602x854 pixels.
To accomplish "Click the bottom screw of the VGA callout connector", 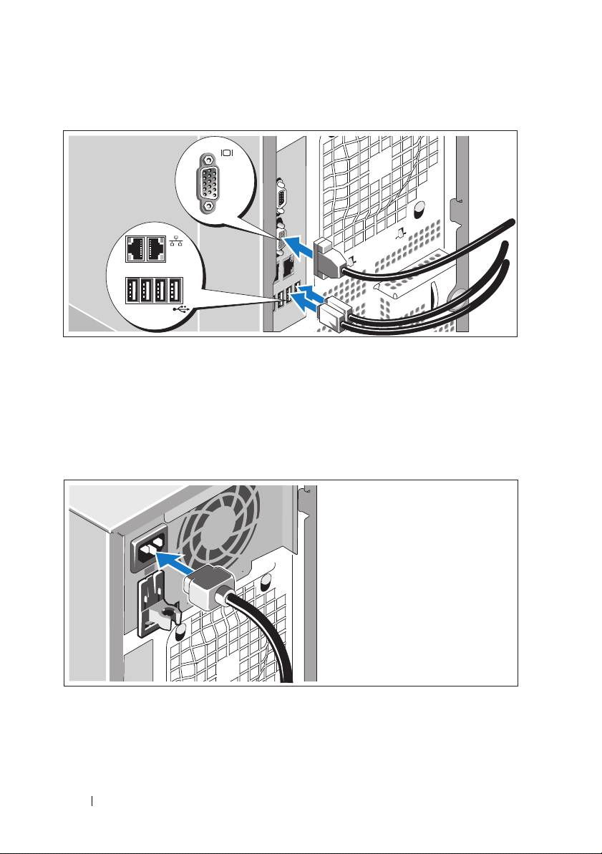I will click(x=208, y=205).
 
